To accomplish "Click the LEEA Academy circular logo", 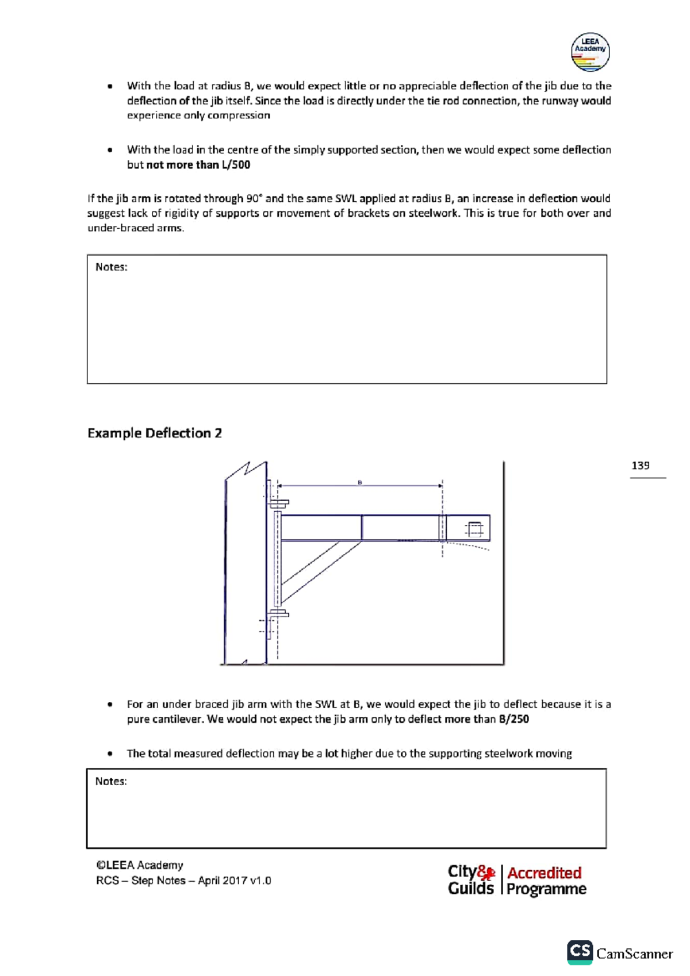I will (590, 52).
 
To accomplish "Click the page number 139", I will (640, 466).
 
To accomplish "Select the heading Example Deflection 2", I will (155, 433).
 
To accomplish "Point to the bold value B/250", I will (513, 719).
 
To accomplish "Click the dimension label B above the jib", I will (360, 482).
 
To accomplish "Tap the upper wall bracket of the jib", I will (279, 504).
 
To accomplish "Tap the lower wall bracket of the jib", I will (279, 614).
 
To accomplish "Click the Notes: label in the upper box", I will (111, 267).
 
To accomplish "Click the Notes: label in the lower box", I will (111, 781).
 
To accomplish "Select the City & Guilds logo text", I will (471, 880).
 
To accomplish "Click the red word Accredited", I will (544, 873).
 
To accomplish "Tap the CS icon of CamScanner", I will (580, 951).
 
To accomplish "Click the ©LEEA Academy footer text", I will (140, 865).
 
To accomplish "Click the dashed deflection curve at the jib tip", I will (469, 545).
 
